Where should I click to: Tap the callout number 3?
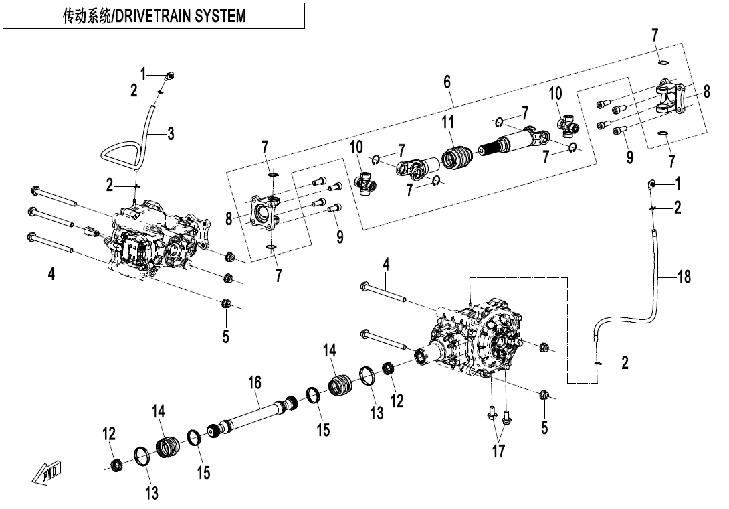tap(171, 134)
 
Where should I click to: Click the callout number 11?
tap(447, 123)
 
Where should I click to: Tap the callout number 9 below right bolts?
tap(629, 157)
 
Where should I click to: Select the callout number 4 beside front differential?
tap(51, 273)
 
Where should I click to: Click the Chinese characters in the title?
tap(82, 16)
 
